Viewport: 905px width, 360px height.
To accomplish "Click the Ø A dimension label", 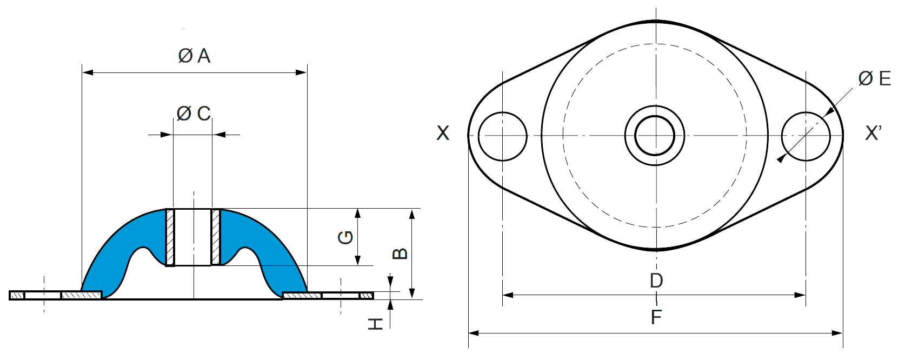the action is pyautogui.click(x=194, y=56).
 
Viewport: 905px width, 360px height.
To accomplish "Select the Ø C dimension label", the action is pyautogui.click(x=194, y=114).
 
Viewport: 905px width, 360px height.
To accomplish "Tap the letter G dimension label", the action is pyautogui.click(x=345, y=237).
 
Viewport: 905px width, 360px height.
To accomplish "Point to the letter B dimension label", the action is pyautogui.click(x=400, y=254).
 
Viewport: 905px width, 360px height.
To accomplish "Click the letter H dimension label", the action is pyautogui.click(x=375, y=324).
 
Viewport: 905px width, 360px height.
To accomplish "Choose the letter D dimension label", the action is pyautogui.click(x=656, y=281).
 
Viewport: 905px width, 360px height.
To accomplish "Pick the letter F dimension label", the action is pyautogui.click(x=656, y=317).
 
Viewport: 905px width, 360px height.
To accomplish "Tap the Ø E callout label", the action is pyautogui.click(x=875, y=78).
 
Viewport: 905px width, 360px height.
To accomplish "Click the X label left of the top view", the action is pyautogui.click(x=443, y=133).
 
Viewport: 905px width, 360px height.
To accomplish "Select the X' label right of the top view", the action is pyautogui.click(x=874, y=133).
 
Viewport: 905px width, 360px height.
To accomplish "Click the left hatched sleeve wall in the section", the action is pyautogui.click(x=170, y=237).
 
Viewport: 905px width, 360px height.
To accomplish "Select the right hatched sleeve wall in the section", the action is pyautogui.click(x=216, y=237).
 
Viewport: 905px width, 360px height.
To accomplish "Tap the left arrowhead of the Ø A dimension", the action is pyautogui.click(x=88, y=73).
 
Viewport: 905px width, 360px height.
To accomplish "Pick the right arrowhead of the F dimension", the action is pyautogui.click(x=837, y=334).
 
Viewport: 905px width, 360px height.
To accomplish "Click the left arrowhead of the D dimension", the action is pyautogui.click(x=508, y=295).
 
